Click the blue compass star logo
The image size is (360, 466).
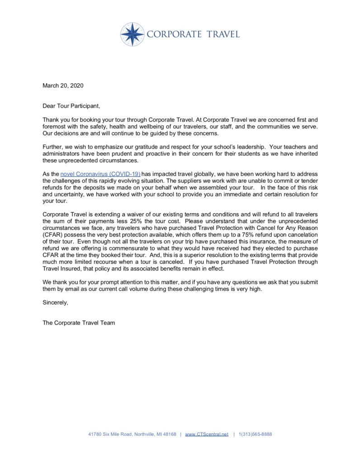[x=133, y=34]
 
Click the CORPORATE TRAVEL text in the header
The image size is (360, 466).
[x=193, y=34]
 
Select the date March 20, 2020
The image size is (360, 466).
[x=63, y=85]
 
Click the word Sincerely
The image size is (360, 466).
[x=55, y=303]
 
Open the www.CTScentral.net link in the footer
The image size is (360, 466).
[x=207, y=434]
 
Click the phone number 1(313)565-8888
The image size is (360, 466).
[x=255, y=434]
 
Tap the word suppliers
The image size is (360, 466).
[x=205, y=181]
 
